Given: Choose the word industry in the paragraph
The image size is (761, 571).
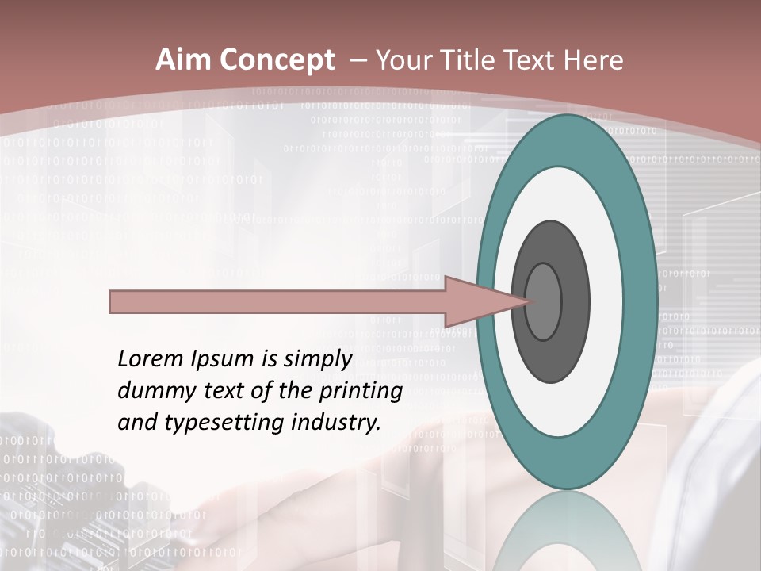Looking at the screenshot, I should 335,423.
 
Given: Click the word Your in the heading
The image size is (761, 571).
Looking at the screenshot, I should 401,60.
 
